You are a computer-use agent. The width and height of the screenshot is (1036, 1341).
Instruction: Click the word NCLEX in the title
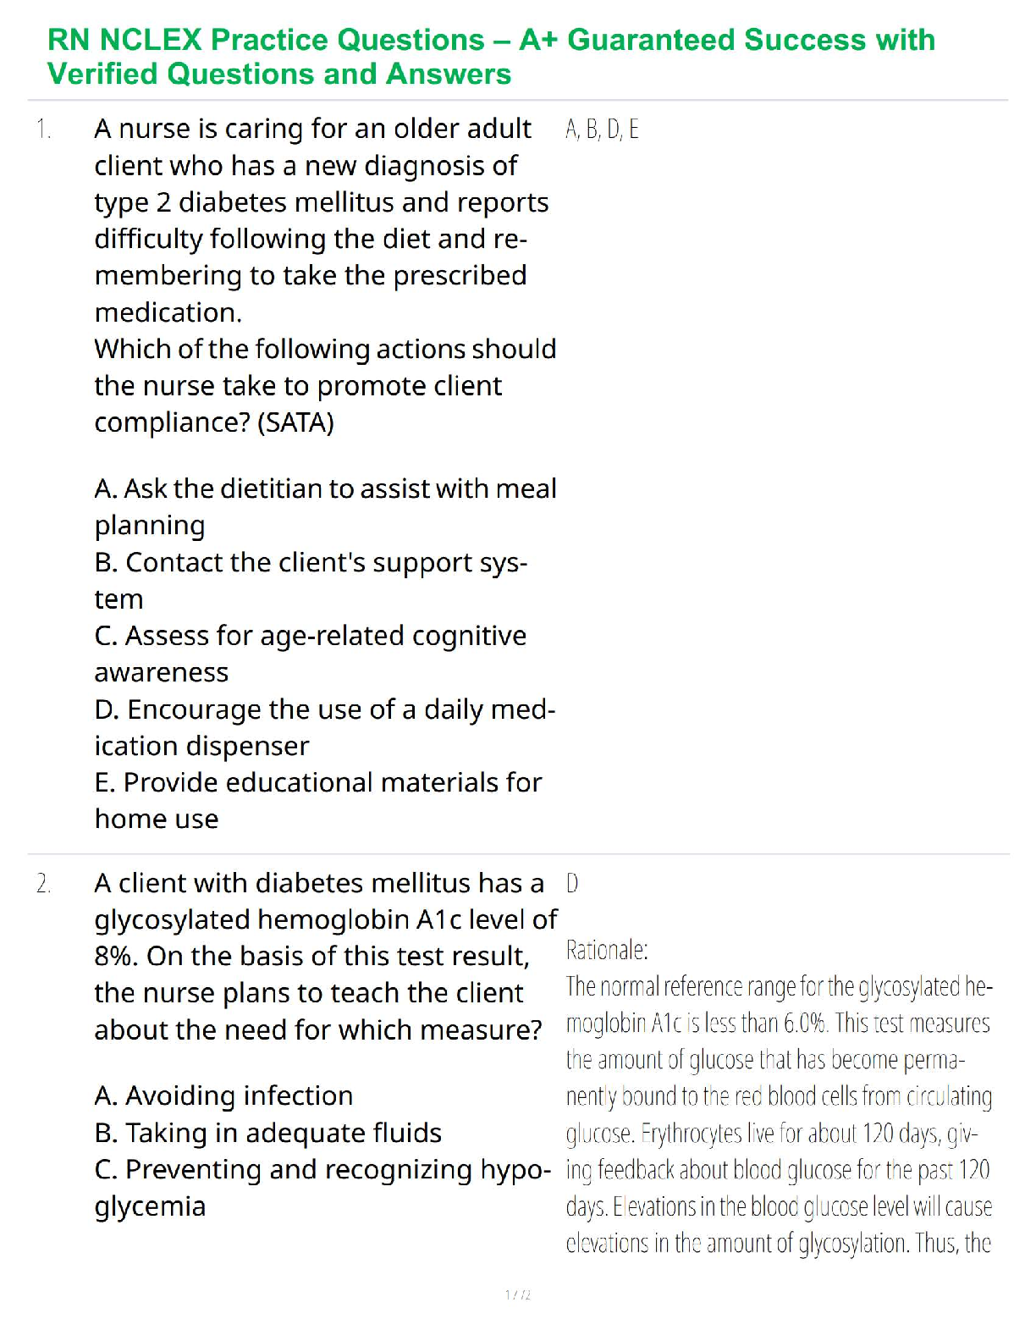(151, 40)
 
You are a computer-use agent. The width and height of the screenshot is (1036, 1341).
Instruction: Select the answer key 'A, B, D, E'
(602, 130)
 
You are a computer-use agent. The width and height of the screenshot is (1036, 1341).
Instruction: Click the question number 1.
(43, 130)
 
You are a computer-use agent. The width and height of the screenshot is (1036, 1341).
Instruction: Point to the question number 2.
(43, 884)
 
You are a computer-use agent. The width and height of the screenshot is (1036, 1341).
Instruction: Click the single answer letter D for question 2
(572, 884)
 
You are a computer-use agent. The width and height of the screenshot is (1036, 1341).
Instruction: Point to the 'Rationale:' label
(607, 951)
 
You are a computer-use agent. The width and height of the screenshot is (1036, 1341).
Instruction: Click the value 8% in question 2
(116, 957)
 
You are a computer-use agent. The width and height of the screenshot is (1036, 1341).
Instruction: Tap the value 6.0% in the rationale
(805, 1024)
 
